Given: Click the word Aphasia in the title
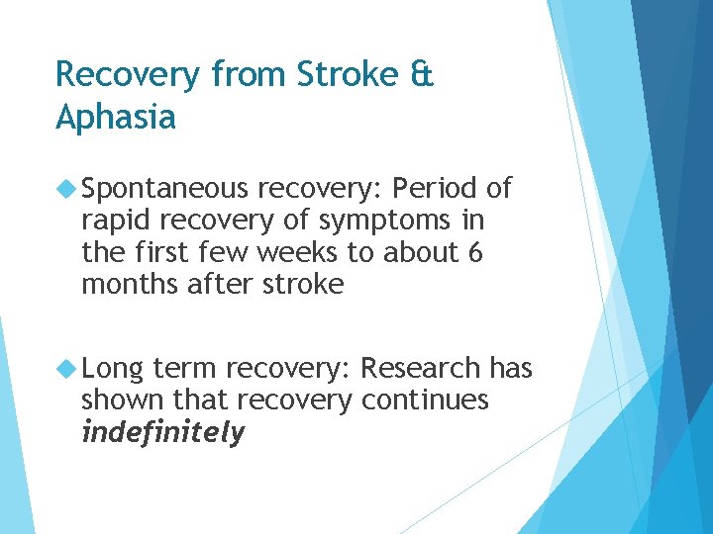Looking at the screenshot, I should coord(116,118).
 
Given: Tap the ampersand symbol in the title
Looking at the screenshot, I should coord(422,74).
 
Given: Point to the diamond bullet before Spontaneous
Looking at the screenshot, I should coord(67,188).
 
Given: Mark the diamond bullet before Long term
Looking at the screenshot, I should coord(67,369).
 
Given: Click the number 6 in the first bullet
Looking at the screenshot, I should coord(474,253).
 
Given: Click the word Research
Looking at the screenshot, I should coord(421,369).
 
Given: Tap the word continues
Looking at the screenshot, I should coord(425,400).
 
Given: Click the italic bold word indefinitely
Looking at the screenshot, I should coord(162,433).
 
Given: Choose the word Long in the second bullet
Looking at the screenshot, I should coord(114,369).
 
